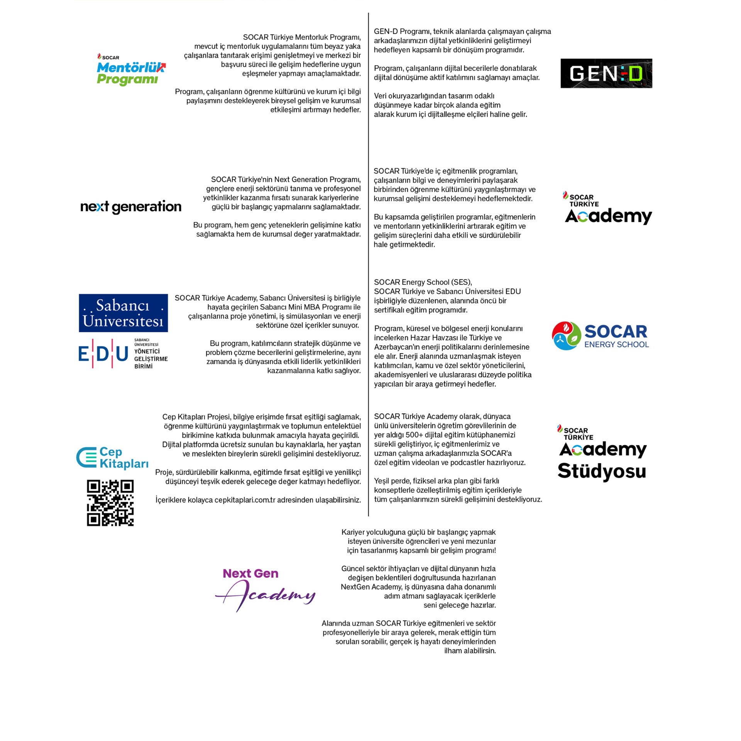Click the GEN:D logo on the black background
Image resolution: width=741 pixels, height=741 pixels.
(606, 73)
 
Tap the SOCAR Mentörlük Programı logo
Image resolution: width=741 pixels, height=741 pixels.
(131, 69)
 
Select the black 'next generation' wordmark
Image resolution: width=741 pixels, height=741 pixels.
(131, 207)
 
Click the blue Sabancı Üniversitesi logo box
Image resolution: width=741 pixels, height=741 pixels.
(123, 313)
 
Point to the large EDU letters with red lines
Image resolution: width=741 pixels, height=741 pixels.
(103, 354)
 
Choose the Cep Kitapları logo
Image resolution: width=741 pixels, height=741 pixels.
(112, 457)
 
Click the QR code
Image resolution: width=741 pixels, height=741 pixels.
(110, 503)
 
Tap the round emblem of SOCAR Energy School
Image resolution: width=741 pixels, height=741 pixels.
(566, 336)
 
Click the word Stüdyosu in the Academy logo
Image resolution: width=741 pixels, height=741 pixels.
(602, 471)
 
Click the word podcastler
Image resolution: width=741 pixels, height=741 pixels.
(482, 462)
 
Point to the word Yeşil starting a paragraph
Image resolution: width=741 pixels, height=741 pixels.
(383, 481)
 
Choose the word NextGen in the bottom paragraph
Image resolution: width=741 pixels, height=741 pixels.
(354, 587)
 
